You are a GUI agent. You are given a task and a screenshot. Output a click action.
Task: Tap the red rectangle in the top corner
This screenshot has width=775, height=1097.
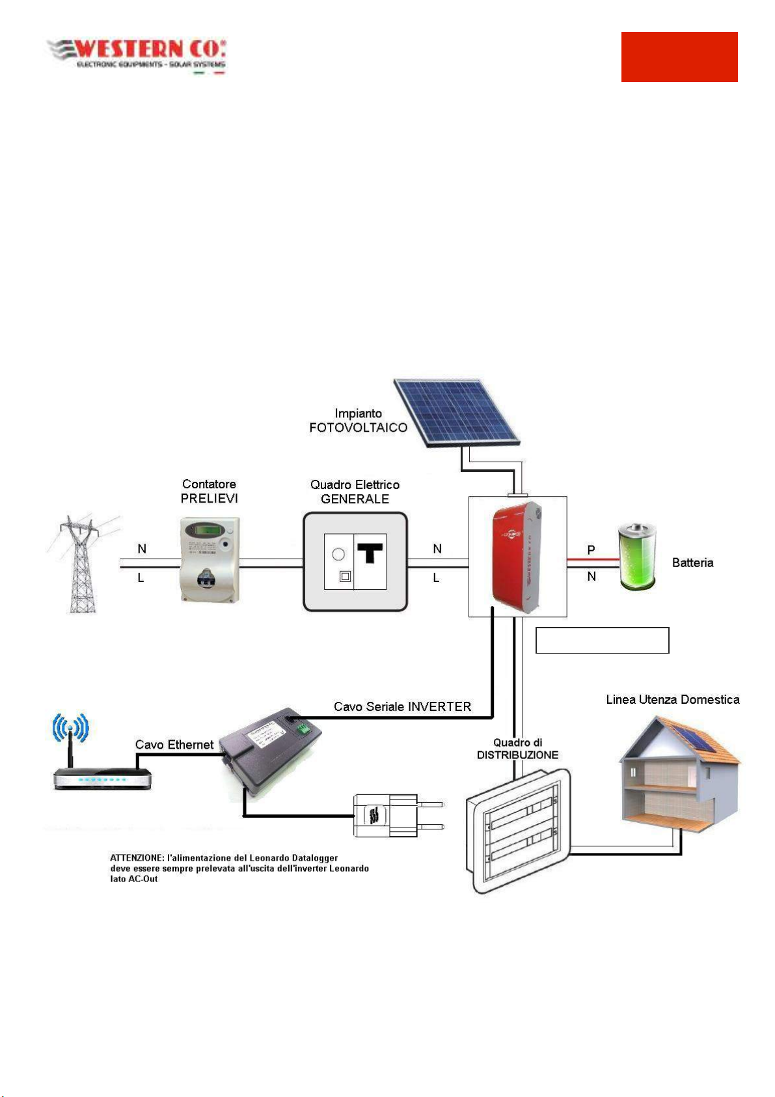(x=679, y=57)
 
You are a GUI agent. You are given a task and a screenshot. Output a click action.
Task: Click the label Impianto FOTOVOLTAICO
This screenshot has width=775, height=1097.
(x=358, y=421)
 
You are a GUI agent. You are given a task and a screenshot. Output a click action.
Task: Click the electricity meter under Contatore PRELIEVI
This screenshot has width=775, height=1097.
(x=210, y=559)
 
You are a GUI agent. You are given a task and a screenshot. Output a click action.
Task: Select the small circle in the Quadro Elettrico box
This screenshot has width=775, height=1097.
(x=338, y=554)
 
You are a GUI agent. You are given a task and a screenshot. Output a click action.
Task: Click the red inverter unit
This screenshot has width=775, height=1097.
(x=517, y=557)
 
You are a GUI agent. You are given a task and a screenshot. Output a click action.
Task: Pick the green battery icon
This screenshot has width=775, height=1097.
(x=637, y=557)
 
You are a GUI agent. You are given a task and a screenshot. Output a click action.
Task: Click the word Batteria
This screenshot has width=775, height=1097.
(x=692, y=562)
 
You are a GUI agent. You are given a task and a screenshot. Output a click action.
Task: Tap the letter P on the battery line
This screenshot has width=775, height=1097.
(x=591, y=550)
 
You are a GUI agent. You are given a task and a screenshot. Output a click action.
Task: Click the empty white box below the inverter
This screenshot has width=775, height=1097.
(x=602, y=640)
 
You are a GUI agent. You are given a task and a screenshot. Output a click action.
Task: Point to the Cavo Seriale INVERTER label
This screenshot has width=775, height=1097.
(x=402, y=706)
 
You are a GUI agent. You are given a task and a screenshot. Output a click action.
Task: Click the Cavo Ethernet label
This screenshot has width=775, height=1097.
(x=174, y=744)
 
